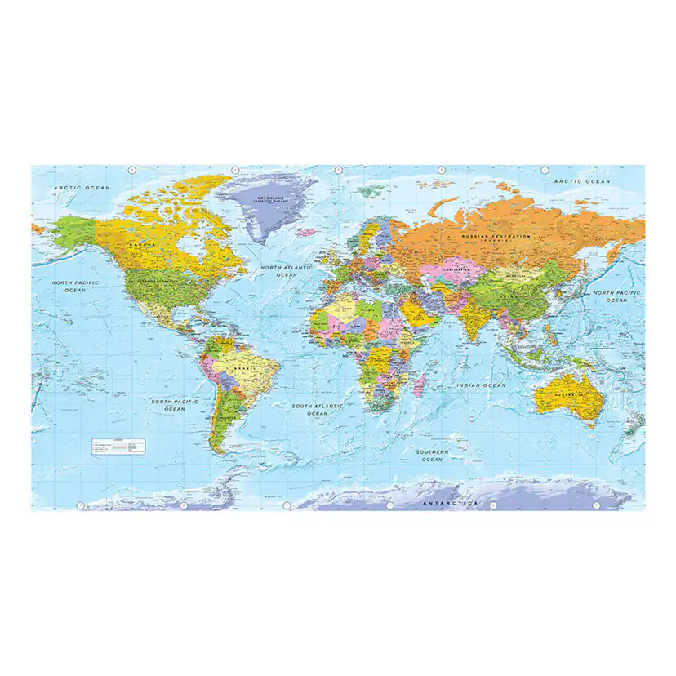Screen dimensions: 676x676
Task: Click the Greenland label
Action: click(269, 199)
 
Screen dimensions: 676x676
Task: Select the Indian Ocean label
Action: click(482, 385)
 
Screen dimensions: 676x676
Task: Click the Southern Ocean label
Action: click(432, 456)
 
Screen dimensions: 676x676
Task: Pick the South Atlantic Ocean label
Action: click(318, 409)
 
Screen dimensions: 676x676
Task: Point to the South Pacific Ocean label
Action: click(175, 405)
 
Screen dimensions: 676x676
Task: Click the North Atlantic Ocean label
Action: click(287, 271)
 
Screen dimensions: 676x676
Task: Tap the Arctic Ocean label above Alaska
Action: click(82, 188)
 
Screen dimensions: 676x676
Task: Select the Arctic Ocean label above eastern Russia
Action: click(582, 181)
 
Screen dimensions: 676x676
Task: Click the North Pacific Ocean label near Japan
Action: click(617, 296)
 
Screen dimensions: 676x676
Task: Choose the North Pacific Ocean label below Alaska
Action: click(75, 287)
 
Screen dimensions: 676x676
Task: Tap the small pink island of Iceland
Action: click(305, 233)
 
